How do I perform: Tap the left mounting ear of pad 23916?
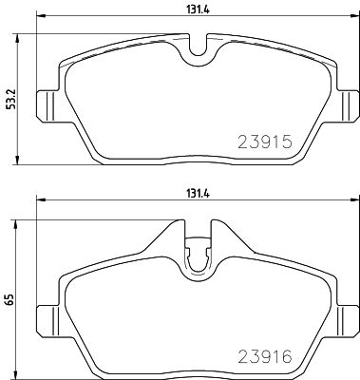click(x=44, y=316)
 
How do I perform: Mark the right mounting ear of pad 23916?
click(x=348, y=316)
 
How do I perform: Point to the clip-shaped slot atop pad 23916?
click(x=198, y=256)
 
